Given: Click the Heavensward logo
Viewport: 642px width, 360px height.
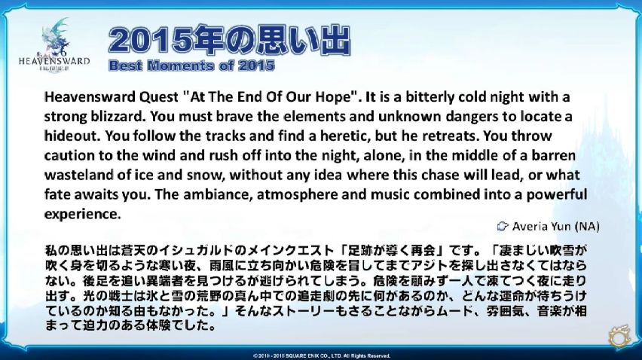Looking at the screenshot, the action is click(x=54, y=45).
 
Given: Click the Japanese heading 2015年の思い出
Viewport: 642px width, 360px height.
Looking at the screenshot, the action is click(x=229, y=40).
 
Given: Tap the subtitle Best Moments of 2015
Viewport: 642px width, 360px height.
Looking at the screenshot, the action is click(x=191, y=66).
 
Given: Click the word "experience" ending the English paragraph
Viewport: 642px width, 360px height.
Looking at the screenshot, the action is click(x=82, y=214).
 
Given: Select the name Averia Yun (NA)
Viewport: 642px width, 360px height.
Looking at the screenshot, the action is click(x=555, y=226).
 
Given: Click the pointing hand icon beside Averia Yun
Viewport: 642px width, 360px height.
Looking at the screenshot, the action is click(x=503, y=226).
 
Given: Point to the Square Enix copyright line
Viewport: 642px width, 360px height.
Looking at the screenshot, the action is click(x=321, y=356).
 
